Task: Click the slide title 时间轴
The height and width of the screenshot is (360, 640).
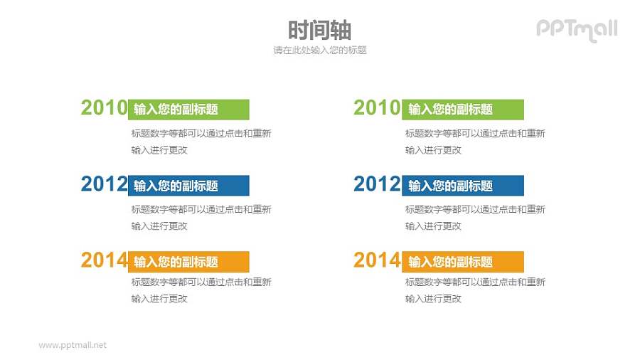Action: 319,30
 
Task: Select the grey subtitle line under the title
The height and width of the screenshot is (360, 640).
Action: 319,51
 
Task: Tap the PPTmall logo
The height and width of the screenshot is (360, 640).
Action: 576,29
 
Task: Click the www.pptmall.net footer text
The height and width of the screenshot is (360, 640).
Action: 73,344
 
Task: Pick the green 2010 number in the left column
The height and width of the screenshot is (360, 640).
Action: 104,108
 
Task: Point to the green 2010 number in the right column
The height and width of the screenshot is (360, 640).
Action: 377,108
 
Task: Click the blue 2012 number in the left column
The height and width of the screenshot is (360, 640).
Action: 104,184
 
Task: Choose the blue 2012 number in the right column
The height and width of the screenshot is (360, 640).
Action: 377,184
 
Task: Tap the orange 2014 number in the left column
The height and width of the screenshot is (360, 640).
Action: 104,260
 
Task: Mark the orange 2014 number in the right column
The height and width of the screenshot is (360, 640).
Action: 377,260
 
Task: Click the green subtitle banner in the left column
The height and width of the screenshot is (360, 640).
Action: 188,109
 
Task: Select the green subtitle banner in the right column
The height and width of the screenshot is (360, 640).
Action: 463,110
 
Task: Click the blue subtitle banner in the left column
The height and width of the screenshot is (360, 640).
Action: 188,186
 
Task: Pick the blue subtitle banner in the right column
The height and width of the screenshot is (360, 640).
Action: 463,186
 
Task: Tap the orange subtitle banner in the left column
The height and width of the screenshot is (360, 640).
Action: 188,261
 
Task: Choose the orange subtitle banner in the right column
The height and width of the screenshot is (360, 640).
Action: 463,262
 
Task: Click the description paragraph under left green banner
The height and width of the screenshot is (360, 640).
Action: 201,142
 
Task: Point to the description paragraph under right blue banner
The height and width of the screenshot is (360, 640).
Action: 474,218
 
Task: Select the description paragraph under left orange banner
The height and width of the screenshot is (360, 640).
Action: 201,290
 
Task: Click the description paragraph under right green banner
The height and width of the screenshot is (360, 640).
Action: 474,142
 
